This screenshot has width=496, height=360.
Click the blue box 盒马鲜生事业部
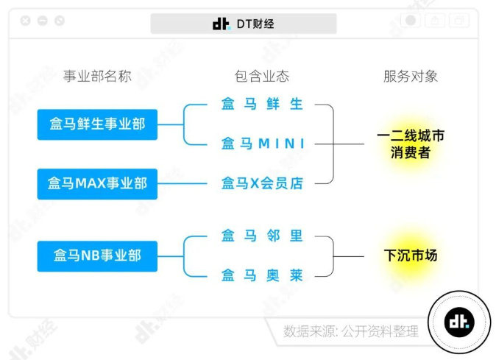click(97, 124)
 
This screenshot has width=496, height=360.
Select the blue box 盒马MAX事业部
click(97, 183)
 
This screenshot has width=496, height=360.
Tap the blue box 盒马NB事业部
click(97, 255)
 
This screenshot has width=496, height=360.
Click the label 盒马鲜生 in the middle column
click(262, 105)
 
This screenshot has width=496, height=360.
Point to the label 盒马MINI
click(263, 144)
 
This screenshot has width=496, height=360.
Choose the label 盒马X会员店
click(262, 183)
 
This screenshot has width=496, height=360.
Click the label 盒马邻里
click(262, 236)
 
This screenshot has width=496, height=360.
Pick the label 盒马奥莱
click(262, 275)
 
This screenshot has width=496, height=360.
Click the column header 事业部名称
click(96, 77)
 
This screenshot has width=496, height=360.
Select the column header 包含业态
click(262, 77)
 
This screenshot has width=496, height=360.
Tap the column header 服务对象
click(411, 77)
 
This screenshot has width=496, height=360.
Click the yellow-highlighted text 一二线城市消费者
click(410, 144)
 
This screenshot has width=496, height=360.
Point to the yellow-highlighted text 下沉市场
click(410, 255)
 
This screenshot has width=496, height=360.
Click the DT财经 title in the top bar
click(244, 24)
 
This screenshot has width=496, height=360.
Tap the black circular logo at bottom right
click(459, 322)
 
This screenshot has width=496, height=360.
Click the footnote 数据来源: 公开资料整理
click(350, 331)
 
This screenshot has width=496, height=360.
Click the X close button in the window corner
click(26, 21)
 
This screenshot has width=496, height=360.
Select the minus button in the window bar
click(43, 21)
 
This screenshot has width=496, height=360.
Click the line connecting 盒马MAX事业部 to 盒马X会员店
click(188, 183)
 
